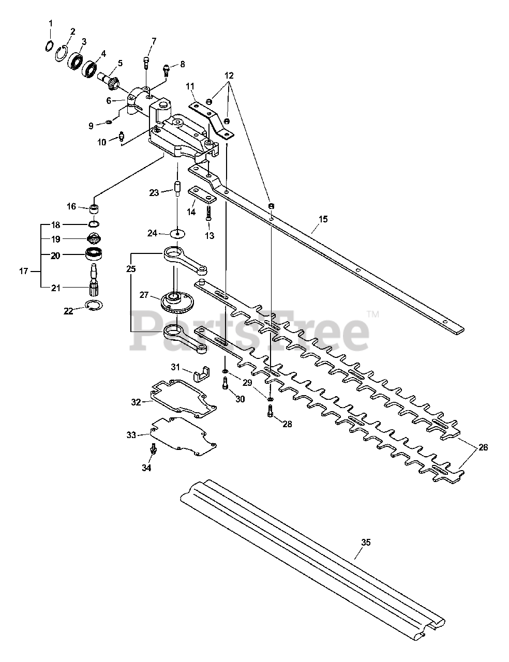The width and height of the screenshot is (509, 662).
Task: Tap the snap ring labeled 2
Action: tap(62, 52)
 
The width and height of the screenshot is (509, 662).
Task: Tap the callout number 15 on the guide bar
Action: tap(323, 219)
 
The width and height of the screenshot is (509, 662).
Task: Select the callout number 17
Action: tap(23, 270)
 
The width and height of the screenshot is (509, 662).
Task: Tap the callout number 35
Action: tap(366, 543)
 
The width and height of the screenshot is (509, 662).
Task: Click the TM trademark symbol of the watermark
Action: tap(372, 313)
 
